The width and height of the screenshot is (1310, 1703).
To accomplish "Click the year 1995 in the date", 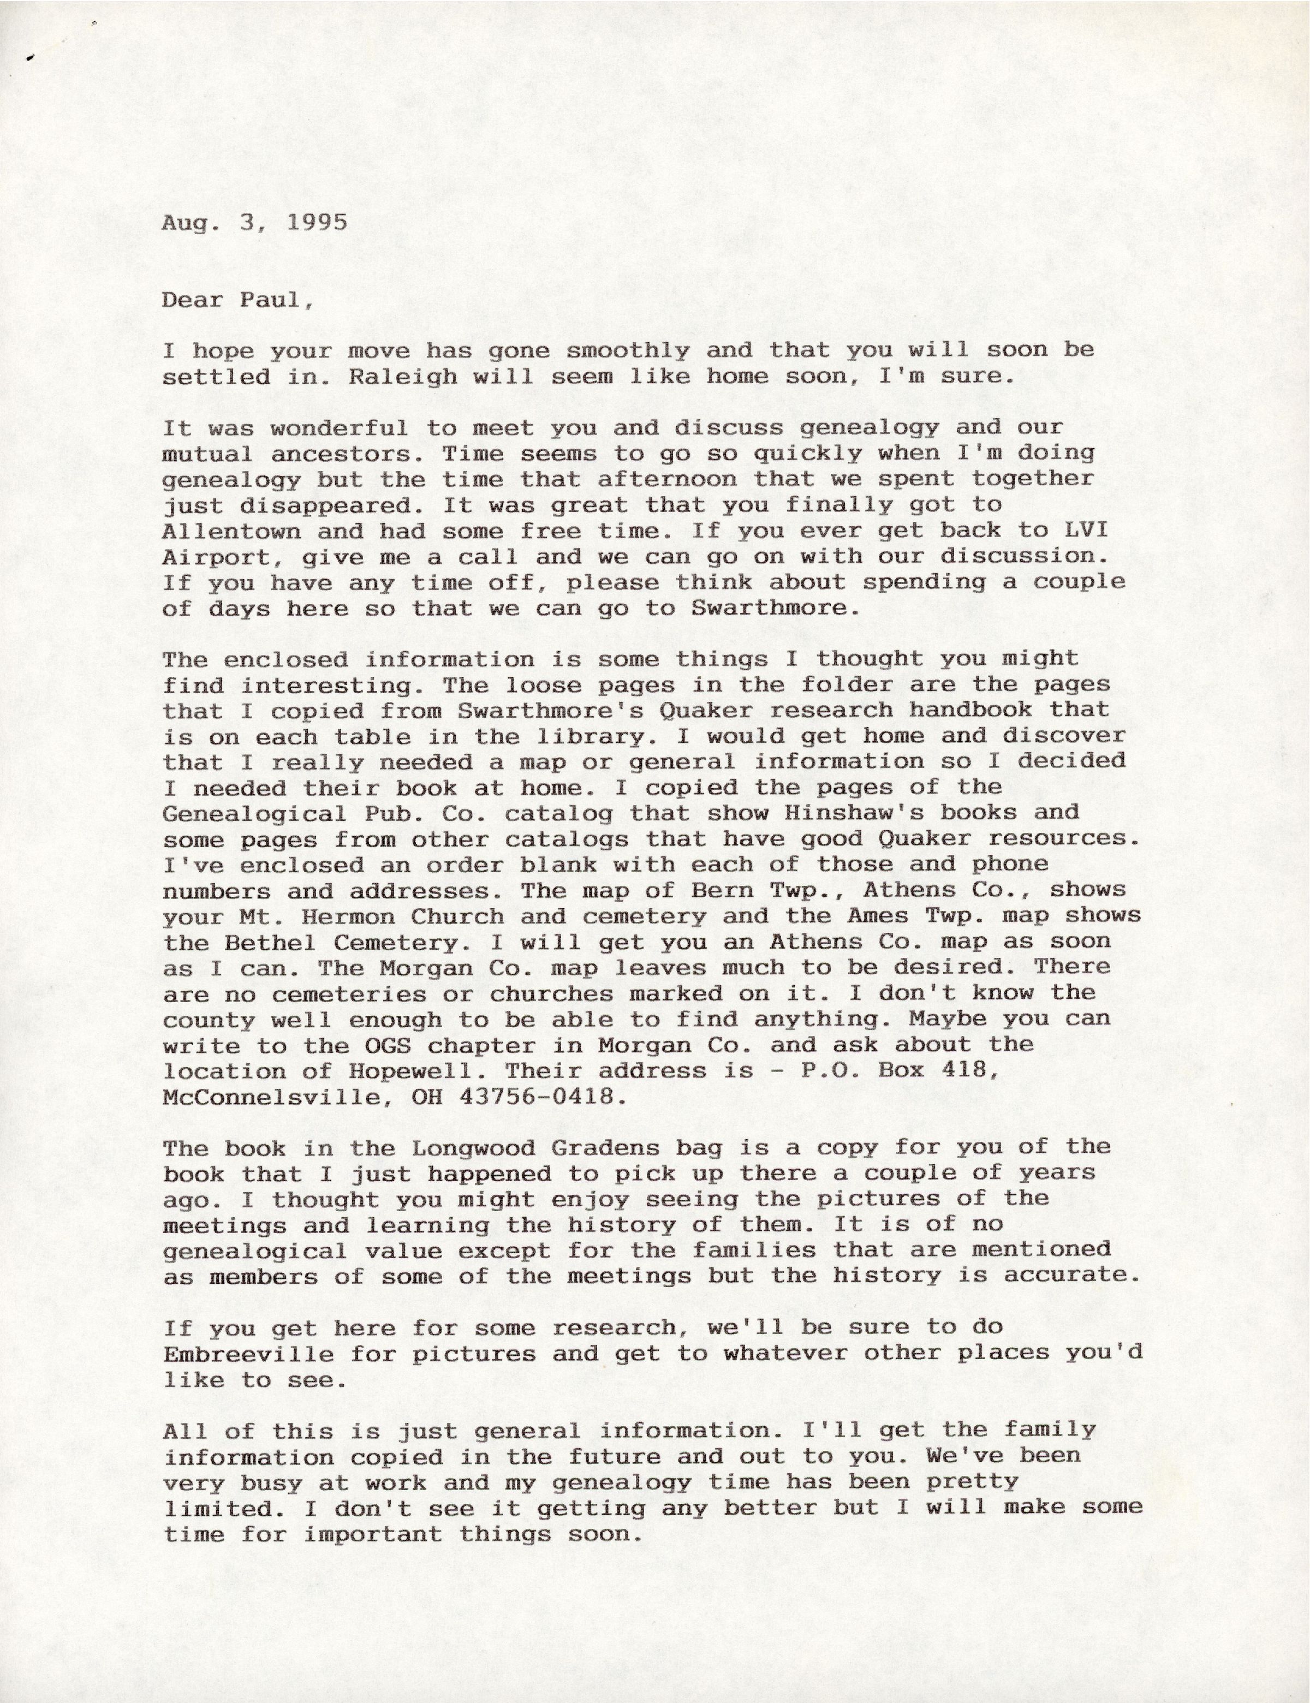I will [x=317, y=223].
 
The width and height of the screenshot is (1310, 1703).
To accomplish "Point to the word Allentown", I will [x=231, y=531].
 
